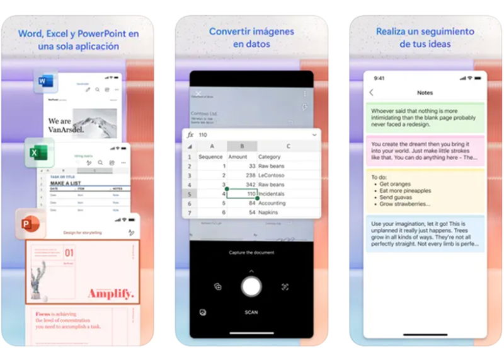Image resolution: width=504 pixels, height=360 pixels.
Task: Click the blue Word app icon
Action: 45,82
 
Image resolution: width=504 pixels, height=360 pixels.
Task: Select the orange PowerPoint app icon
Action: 29,224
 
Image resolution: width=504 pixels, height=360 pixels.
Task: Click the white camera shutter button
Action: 251,286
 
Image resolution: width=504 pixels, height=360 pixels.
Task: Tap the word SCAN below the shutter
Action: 251,312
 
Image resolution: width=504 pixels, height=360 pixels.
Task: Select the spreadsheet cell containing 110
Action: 242,194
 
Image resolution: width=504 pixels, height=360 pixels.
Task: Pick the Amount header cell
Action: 238,156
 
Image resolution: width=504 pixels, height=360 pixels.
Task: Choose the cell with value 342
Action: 241,185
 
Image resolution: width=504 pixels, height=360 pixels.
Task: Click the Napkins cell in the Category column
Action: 269,213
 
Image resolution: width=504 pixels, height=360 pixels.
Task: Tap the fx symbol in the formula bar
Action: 190,135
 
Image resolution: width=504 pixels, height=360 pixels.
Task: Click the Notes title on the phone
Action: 425,93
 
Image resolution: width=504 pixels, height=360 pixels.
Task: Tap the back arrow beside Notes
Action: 372,93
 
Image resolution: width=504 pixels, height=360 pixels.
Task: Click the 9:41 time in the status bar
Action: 379,78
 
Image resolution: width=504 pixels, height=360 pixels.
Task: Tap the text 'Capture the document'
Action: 251,253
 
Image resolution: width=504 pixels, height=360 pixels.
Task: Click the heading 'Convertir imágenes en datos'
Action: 251,37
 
